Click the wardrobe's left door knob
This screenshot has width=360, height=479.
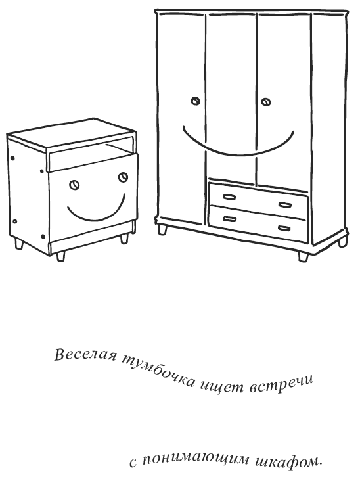tap(195, 101)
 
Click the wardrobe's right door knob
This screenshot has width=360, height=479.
tap(265, 102)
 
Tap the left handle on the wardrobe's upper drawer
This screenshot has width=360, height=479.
tap(230, 196)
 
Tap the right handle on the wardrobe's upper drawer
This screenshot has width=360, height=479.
tap(285, 205)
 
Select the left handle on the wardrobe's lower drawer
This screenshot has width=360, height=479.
tap(230, 219)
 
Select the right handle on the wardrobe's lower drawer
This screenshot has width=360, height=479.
tap(284, 228)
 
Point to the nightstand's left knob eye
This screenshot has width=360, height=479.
tap(74, 185)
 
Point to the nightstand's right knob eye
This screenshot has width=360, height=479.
tap(123, 177)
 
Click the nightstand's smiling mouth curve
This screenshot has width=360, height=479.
tap(95, 217)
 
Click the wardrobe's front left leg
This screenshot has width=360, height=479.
tap(162, 229)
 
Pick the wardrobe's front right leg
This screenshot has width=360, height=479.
tap(304, 256)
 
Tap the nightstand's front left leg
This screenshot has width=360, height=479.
tap(60, 256)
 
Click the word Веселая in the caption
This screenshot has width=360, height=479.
tap(86, 355)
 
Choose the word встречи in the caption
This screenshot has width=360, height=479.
tap(282, 384)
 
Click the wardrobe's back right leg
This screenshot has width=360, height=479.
tap(342, 243)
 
